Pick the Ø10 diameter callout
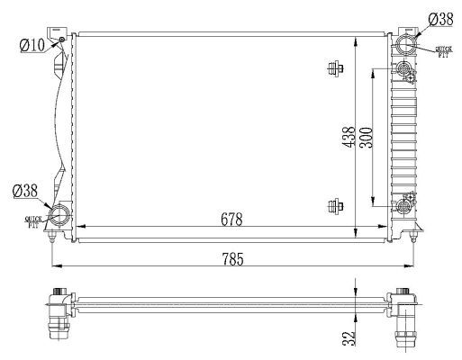tap(32, 44)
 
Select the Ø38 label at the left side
tap(25, 191)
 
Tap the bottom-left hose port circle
tap(60, 216)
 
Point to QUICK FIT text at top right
tap(443, 52)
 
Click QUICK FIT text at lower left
tap(35, 221)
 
